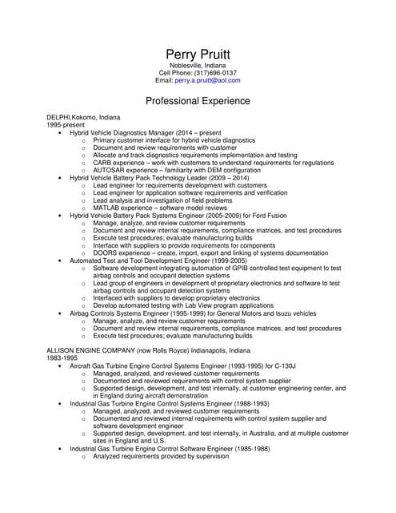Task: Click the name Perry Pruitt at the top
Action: (x=198, y=54)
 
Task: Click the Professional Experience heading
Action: (x=198, y=102)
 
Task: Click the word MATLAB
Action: (x=106, y=208)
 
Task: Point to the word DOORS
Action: (x=105, y=253)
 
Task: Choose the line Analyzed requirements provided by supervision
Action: (x=161, y=456)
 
